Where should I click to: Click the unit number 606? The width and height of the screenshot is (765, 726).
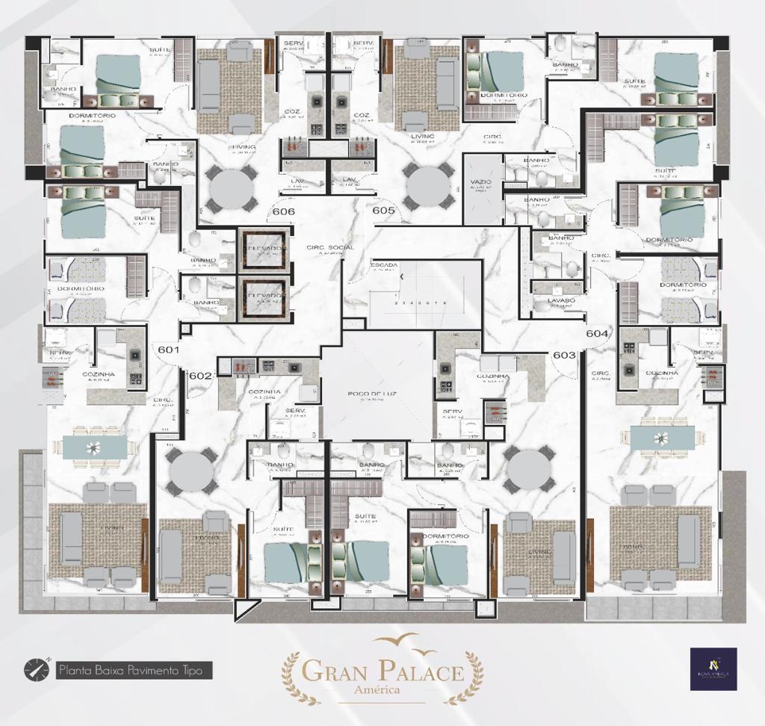tap(283, 211)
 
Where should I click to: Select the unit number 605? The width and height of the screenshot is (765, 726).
tap(383, 211)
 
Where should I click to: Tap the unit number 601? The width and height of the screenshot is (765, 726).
tap(169, 349)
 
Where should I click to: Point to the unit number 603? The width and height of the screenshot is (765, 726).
tap(565, 355)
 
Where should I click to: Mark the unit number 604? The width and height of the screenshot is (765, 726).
tap(597, 333)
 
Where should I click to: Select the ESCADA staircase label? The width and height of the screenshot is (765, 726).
tap(383, 265)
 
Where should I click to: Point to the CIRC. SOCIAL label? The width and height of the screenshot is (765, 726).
tap(329, 247)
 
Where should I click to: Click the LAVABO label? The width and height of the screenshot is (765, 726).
tap(561, 300)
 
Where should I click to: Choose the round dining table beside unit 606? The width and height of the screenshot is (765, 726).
tap(232, 188)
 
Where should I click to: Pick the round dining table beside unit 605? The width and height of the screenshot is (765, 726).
tap(427, 187)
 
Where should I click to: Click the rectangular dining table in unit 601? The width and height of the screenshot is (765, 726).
tap(94, 447)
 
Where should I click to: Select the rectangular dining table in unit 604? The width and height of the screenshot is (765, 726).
tap(662, 438)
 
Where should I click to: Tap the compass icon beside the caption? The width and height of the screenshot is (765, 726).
tap(35, 669)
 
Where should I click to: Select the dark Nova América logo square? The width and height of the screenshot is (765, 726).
tap(713, 668)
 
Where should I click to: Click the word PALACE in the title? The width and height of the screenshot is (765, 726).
tap(418, 670)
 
